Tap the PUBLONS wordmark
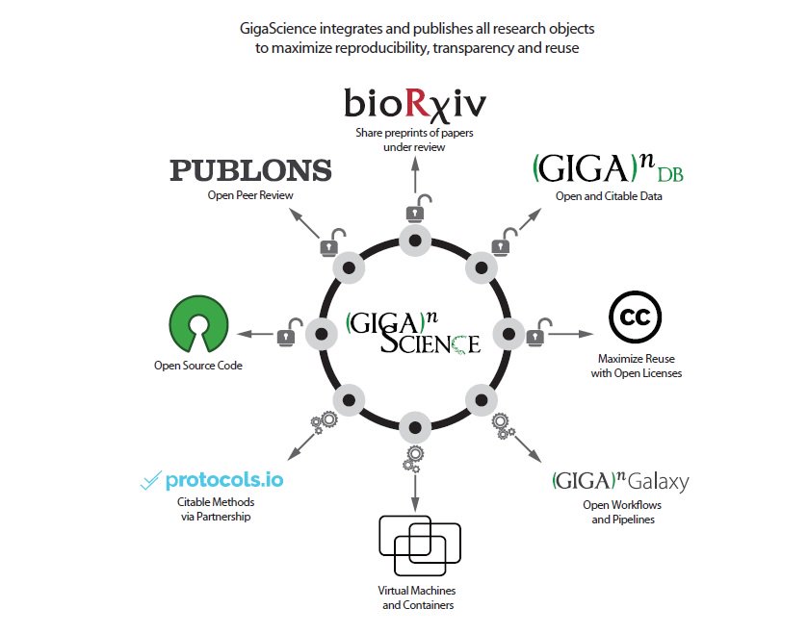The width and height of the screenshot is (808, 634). pos(250,171)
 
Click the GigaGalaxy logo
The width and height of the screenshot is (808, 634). pos(620,481)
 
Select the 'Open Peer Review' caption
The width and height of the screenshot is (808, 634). pos(249,195)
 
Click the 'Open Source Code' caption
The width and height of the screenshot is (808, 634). pos(197,366)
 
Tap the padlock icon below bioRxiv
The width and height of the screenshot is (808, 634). pos(415,210)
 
